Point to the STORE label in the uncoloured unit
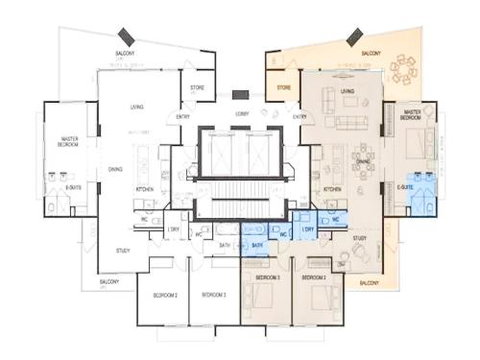click(197, 88)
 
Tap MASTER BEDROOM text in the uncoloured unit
click(70, 142)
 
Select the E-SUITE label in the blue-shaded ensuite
click(406, 186)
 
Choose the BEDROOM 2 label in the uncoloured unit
click(165, 296)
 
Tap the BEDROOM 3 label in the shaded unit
click(266, 277)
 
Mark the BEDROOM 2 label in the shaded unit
click(314, 277)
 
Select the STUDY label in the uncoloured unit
click(122, 250)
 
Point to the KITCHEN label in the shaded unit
click(333, 188)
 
